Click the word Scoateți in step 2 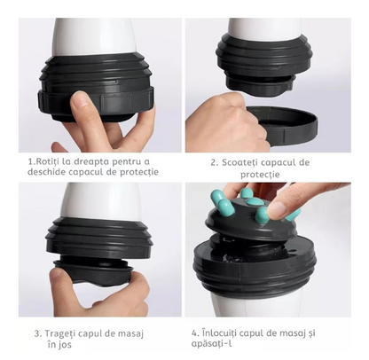[x=239, y=162]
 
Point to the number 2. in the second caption [x=215, y=162]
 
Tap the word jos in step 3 [x=65, y=345]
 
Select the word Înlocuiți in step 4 [x=219, y=333]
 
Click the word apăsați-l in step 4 [x=211, y=343]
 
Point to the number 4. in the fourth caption [x=195, y=333]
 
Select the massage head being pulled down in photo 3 [x=94, y=271]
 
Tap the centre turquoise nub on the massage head [x=255, y=202]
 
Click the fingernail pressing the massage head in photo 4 [x=277, y=208]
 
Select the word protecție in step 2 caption [x=260, y=174]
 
